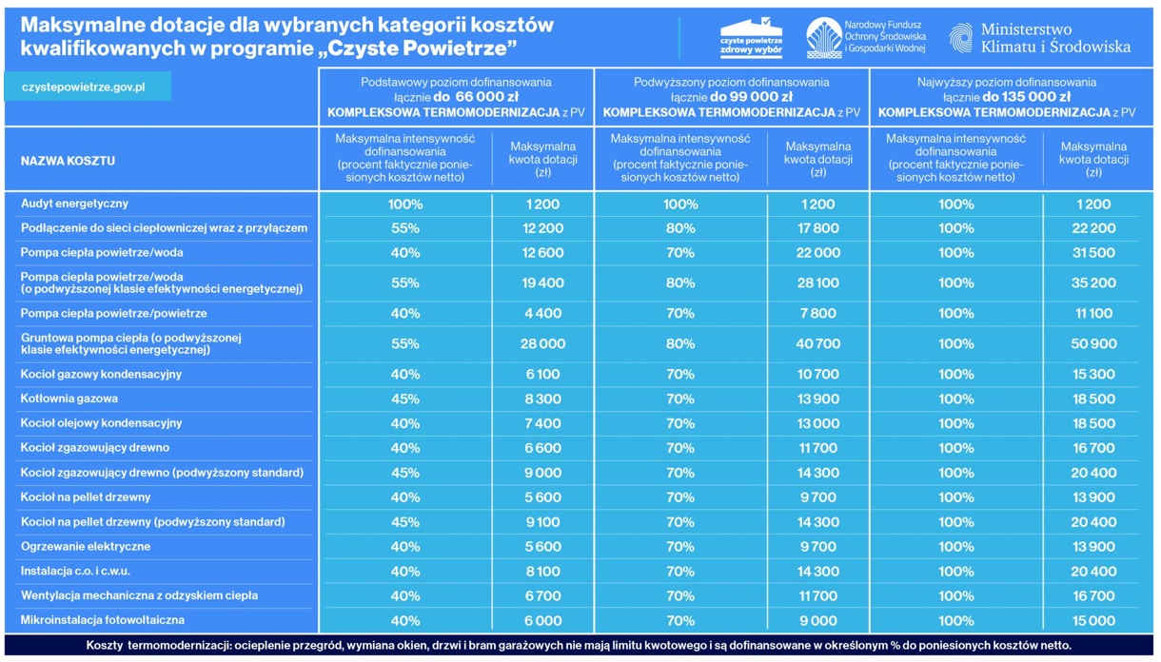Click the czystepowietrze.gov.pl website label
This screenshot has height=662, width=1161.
point(83,87)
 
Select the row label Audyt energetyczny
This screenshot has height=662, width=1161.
point(74,204)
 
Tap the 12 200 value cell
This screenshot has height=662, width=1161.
point(542,228)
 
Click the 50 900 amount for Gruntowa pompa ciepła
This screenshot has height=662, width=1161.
point(1093,344)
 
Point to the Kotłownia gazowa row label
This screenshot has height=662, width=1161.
point(69,399)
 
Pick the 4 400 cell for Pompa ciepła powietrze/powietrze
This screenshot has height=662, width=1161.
point(542,313)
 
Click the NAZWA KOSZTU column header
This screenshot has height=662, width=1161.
point(68,161)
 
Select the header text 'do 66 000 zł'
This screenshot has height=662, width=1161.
point(476,97)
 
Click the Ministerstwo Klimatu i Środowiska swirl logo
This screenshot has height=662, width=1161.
point(961,38)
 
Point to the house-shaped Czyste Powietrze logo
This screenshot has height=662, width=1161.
point(751,37)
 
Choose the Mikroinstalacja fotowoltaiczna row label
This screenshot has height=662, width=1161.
point(102,620)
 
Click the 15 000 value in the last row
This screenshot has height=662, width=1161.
point(1093,620)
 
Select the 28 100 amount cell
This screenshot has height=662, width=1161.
point(817,282)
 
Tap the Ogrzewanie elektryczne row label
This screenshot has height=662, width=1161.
point(86,547)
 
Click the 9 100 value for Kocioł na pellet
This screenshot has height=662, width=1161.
point(542,522)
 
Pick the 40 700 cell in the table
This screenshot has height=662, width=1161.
point(817,344)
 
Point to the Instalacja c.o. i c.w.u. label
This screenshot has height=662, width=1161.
point(75,572)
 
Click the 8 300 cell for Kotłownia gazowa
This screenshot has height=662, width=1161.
point(542,399)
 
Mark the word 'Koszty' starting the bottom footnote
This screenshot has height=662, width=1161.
point(104,646)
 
